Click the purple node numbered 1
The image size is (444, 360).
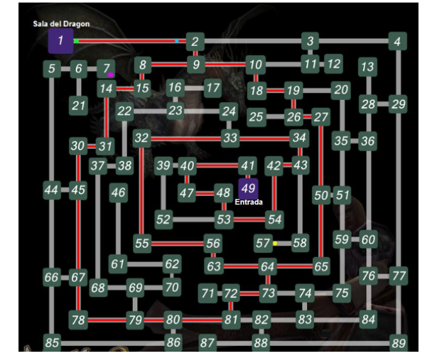click(x=61, y=41)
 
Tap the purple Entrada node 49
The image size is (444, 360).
click(x=248, y=188)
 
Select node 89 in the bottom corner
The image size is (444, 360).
click(x=398, y=343)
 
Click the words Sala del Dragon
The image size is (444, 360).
click(x=61, y=24)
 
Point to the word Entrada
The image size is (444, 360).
click(x=248, y=202)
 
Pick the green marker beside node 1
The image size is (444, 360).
click(x=77, y=41)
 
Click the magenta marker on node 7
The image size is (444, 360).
click(x=110, y=75)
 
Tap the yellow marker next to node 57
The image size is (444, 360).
click(x=275, y=243)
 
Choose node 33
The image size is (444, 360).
click(x=230, y=137)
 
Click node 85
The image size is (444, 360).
click(x=52, y=343)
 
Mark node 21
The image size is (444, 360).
click(x=78, y=105)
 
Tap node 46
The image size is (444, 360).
click(x=118, y=192)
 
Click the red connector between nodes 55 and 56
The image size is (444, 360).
click(x=177, y=243)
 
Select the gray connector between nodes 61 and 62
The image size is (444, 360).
click(x=145, y=264)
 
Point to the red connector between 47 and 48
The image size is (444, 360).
click(x=204, y=192)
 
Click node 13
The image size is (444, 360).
click(x=367, y=66)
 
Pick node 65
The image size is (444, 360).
click(x=321, y=266)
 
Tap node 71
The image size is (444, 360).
click(x=208, y=294)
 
